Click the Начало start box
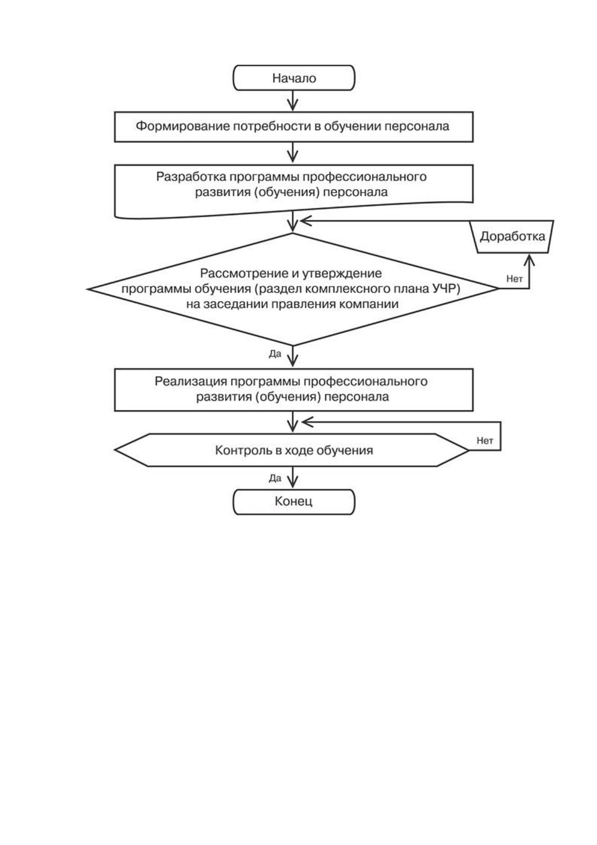pyautogui.click(x=294, y=78)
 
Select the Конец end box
pyautogui.click(x=294, y=502)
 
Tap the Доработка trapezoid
pyautogui.click(x=512, y=236)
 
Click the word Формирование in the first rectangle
pyautogui.click(x=182, y=126)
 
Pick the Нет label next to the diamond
pyautogui.click(x=514, y=279)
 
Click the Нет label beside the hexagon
pyautogui.click(x=485, y=441)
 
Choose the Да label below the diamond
pyautogui.click(x=275, y=354)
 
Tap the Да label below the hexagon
pyautogui.click(x=275, y=478)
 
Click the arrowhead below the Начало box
pyautogui.click(x=292, y=105)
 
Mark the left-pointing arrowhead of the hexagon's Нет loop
pyautogui.click(x=308, y=422)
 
